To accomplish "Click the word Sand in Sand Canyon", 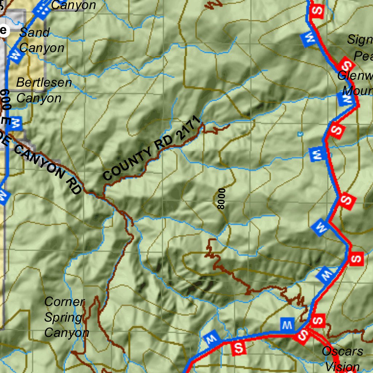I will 35,32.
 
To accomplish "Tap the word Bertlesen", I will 44,83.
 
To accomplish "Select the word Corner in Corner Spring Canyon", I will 64,302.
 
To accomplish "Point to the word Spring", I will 63,318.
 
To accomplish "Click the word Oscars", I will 342,351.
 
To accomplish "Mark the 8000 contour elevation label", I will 221,199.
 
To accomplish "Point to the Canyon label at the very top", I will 74,5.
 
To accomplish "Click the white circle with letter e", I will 3,30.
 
